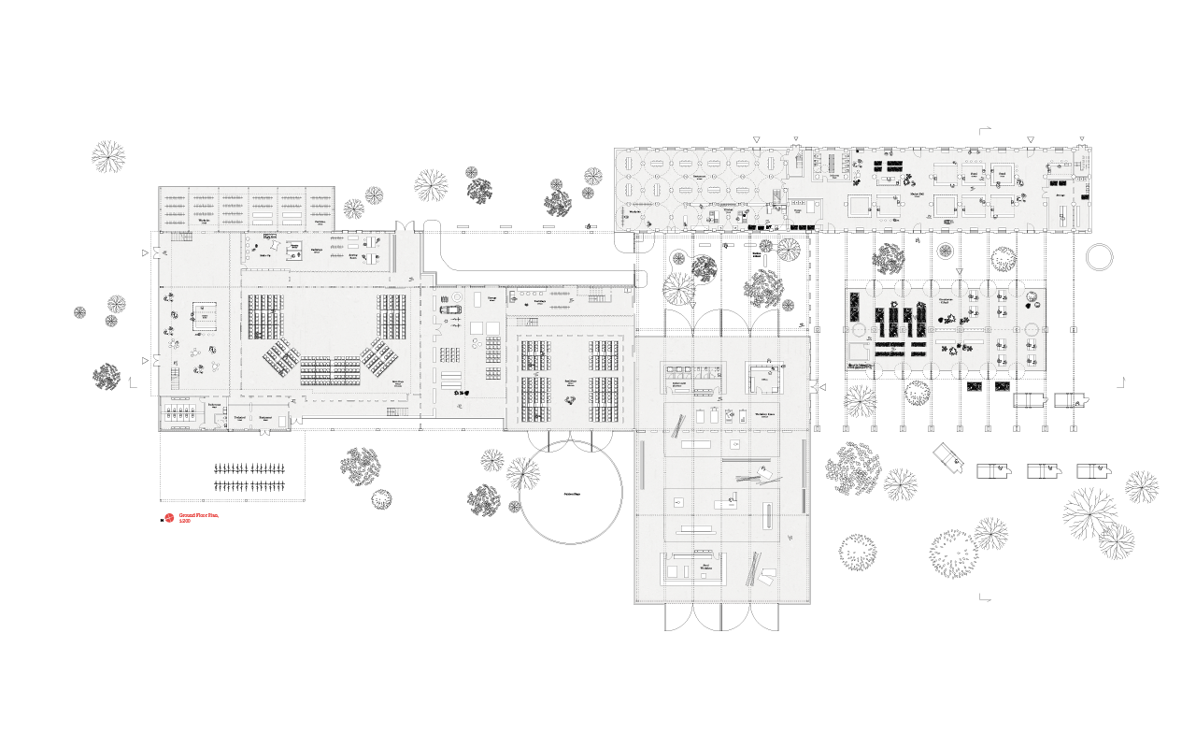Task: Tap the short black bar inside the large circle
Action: (x=572, y=493)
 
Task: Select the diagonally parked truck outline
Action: (x=952, y=458)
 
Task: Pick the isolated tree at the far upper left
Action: (x=108, y=156)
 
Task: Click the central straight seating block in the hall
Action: (x=331, y=369)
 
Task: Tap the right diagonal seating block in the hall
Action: (x=378, y=356)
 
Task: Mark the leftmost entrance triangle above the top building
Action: (x=757, y=139)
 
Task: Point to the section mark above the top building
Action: (x=983, y=131)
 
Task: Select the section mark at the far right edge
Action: (x=1121, y=381)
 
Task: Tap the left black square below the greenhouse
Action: (x=975, y=385)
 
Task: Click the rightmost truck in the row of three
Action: (x=1093, y=471)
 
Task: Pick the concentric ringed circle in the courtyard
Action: (x=945, y=251)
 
